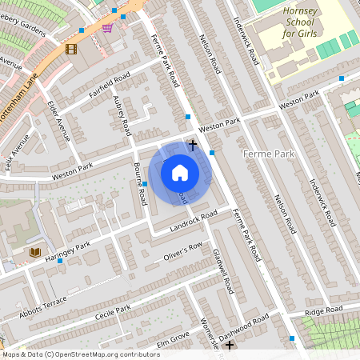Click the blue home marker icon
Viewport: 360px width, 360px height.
tap(180, 172)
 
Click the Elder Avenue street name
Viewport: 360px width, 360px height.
tap(58, 120)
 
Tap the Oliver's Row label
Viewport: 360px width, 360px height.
tap(182, 250)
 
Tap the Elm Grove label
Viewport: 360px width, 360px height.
tap(171, 337)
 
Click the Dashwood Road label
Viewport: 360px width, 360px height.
tap(246, 326)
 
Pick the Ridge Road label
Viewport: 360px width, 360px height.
tap(323, 310)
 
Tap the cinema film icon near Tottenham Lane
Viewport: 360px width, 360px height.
tap(71, 49)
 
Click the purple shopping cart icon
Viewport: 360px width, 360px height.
tap(107, 28)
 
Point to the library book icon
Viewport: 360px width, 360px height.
tap(34, 252)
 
